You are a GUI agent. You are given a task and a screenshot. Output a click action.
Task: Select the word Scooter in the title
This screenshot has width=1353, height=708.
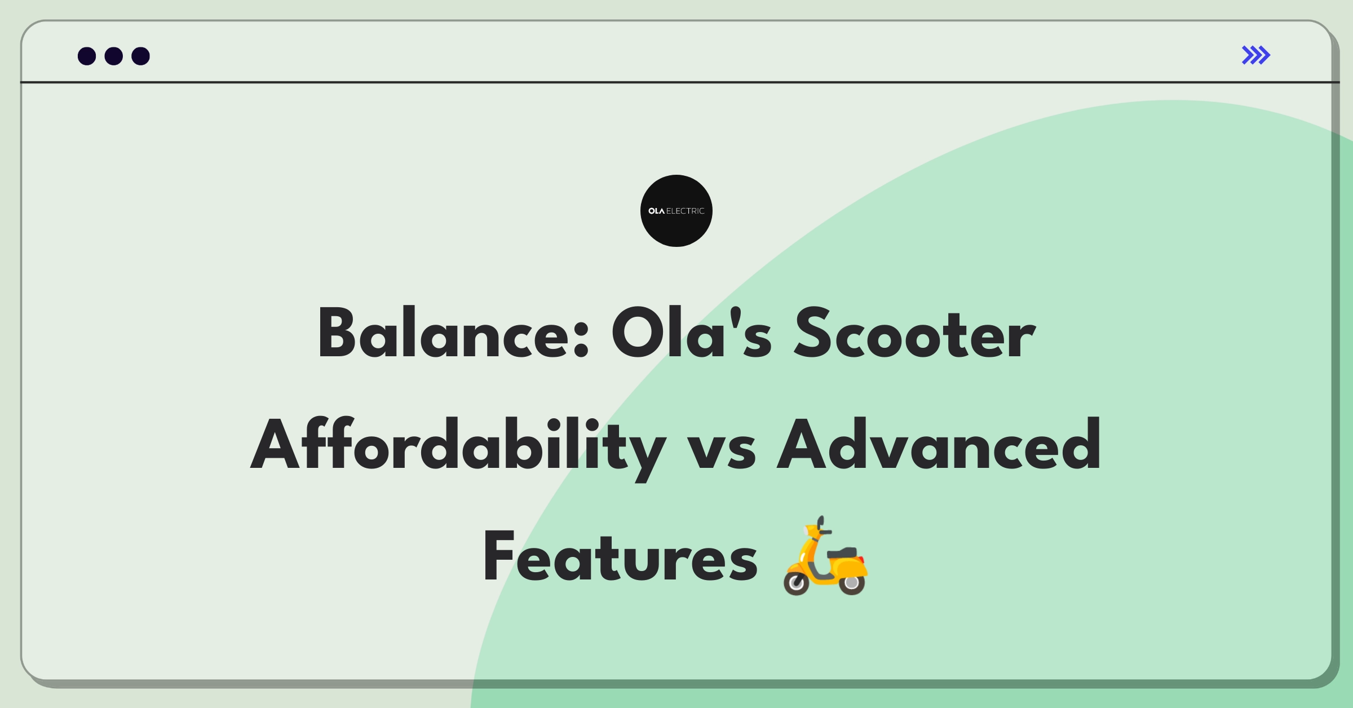tap(915, 333)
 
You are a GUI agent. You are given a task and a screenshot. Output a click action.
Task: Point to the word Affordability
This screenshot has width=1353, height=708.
tap(458, 448)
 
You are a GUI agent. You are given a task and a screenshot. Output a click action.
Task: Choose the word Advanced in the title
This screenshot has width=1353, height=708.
tap(939, 444)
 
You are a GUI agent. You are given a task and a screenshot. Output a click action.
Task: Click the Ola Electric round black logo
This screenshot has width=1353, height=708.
tap(676, 211)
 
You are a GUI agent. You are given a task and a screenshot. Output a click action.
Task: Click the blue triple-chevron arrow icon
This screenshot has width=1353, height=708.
tap(1256, 55)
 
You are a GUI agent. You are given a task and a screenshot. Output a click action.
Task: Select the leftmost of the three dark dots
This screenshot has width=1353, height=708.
tap(87, 56)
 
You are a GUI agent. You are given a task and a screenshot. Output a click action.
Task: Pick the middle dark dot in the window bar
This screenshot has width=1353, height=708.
tap(114, 56)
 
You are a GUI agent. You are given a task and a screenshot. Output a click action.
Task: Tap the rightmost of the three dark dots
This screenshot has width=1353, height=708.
tap(141, 56)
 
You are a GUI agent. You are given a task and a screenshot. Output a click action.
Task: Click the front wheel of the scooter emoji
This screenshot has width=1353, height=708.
tap(797, 583)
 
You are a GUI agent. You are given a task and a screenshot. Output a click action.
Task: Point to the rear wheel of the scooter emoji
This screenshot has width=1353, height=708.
tap(852, 582)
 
